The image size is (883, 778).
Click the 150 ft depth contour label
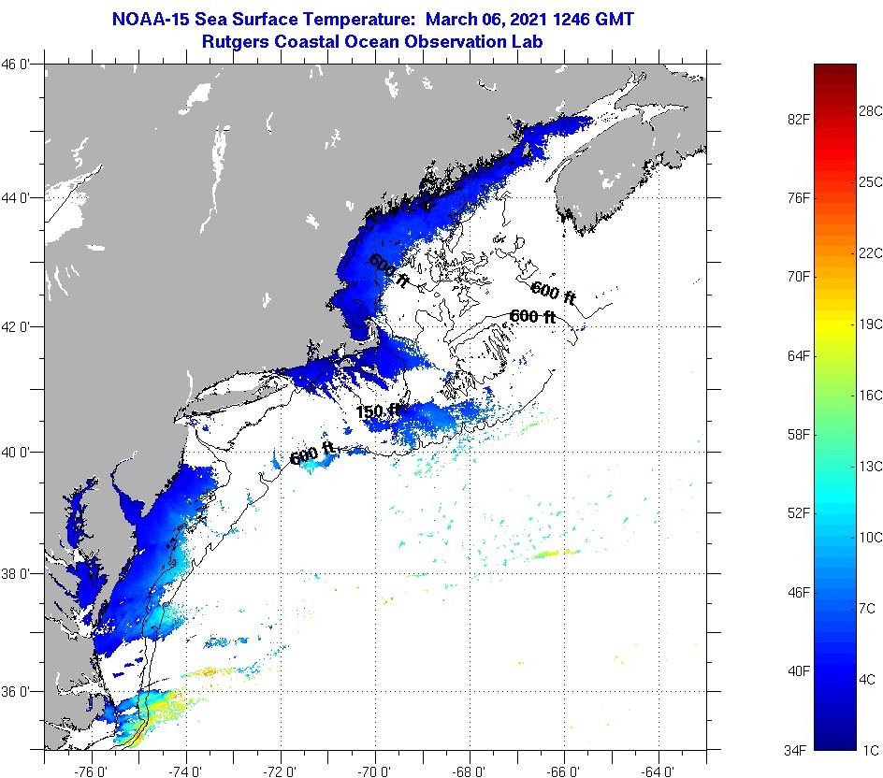378,411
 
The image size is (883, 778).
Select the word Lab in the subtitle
529,41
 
